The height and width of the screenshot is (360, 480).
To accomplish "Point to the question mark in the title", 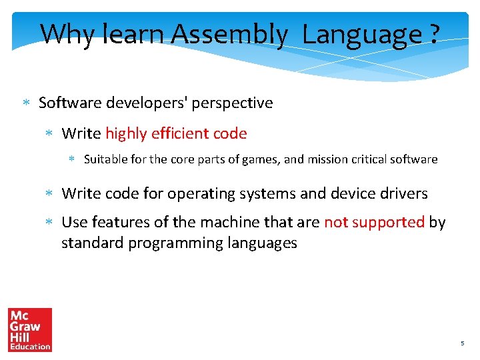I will (x=435, y=33).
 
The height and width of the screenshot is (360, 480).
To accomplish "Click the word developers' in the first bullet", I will (x=147, y=103).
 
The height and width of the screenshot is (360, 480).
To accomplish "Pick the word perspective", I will (x=232, y=103).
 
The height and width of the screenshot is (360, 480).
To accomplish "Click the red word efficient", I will (x=179, y=133).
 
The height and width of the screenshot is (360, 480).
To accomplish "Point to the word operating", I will (x=200, y=194).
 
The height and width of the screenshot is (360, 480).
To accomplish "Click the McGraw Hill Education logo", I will (x=30, y=329).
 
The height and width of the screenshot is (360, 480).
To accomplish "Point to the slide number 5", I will (x=462, y=343).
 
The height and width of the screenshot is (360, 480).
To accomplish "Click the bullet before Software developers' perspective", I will (x=26, y=103).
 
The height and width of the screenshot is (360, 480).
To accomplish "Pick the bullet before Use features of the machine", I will (x=49, y=223).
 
